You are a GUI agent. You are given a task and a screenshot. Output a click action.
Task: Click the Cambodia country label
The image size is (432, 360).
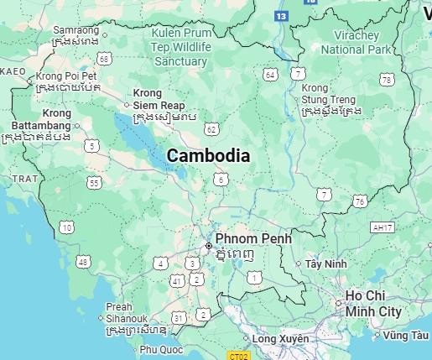click(208, 155)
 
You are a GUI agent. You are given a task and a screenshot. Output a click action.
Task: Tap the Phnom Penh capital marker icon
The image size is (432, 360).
click(209, 246)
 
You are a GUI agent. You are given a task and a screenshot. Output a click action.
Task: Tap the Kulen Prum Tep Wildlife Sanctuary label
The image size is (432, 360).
click(179, 47)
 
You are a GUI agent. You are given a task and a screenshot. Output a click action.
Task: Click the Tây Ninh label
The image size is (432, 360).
click(326, 263)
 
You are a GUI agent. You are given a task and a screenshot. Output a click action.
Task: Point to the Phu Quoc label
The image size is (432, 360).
click(161, 349)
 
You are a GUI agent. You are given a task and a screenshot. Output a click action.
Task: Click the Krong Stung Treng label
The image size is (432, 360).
click(331, 98)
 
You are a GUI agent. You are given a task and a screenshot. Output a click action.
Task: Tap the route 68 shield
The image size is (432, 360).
click(104, 58)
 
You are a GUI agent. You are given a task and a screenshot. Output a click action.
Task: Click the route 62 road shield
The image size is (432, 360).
click(211, 128)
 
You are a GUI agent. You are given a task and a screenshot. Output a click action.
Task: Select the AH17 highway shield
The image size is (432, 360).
click(382, 227)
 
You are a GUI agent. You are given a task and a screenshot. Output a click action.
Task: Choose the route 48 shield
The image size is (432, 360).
click(83, 263)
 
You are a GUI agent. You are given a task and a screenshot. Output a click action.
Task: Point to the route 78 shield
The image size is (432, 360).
click(387, 80)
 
